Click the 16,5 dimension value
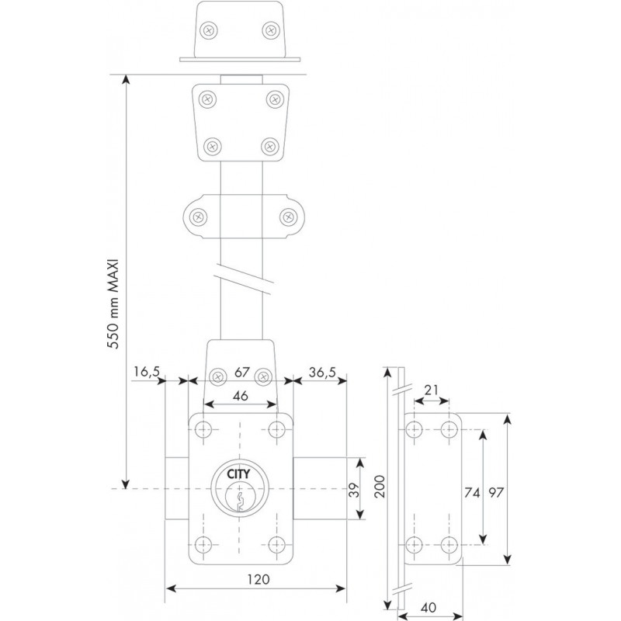(145, 373)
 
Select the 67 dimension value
(241, 373)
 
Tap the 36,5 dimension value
(321, 373)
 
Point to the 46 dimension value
(241, 395)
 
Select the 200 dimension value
(379, 488)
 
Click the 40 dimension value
(430, 607)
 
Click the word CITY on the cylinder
(239, 476)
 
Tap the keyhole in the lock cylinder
(240, 498)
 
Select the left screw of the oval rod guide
(198, 217)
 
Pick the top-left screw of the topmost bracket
(207, 29)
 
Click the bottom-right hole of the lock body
(278, 544)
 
